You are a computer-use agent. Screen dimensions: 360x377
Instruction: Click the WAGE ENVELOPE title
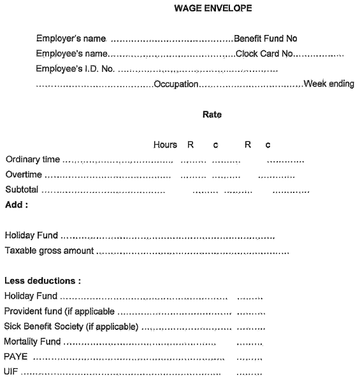204,9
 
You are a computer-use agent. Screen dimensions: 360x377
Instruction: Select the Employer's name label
71,39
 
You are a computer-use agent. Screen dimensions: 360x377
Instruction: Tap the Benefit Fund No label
266,39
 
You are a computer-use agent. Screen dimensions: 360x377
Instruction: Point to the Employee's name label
72,54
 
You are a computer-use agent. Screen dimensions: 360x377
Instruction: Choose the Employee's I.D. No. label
75,69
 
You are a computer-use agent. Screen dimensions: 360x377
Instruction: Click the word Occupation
176,84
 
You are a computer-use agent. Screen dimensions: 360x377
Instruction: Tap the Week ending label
329,84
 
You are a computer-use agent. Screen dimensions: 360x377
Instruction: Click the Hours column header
165,145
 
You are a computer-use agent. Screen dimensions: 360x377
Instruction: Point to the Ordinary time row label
32,159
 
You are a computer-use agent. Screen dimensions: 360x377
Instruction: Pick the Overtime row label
23,174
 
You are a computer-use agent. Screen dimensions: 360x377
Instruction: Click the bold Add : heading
16,204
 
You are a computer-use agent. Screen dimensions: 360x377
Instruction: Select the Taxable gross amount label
49,250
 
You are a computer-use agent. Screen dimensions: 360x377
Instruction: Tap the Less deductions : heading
43,280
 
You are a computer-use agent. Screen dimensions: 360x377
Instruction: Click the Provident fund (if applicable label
59,311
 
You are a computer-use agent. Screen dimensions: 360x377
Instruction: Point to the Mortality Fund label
32,342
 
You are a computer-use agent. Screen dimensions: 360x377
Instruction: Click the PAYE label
16,357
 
